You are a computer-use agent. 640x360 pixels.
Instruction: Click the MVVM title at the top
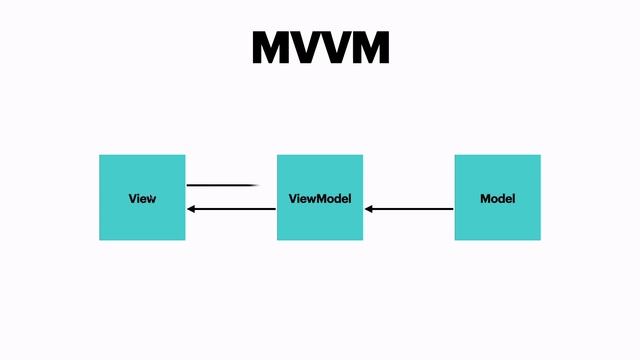320,48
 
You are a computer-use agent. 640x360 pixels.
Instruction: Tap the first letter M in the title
272,48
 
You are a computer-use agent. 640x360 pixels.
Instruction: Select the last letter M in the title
368,48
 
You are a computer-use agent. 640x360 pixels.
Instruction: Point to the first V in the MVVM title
306,48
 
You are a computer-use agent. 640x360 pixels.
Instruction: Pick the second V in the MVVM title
335,48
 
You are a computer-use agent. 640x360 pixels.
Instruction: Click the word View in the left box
142,198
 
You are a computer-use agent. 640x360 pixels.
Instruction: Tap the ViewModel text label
320,198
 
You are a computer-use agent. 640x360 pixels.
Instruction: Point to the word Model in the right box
497,198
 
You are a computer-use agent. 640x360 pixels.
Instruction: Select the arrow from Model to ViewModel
410,209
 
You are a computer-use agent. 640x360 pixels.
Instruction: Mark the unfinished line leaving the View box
222,185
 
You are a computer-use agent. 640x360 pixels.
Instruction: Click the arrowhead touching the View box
192,209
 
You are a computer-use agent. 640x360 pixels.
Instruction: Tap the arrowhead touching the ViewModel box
369,209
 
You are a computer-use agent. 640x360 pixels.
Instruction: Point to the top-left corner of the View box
100,156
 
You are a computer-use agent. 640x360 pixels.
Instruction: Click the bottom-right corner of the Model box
540,239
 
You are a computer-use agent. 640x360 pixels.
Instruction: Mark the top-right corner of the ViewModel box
362,156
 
